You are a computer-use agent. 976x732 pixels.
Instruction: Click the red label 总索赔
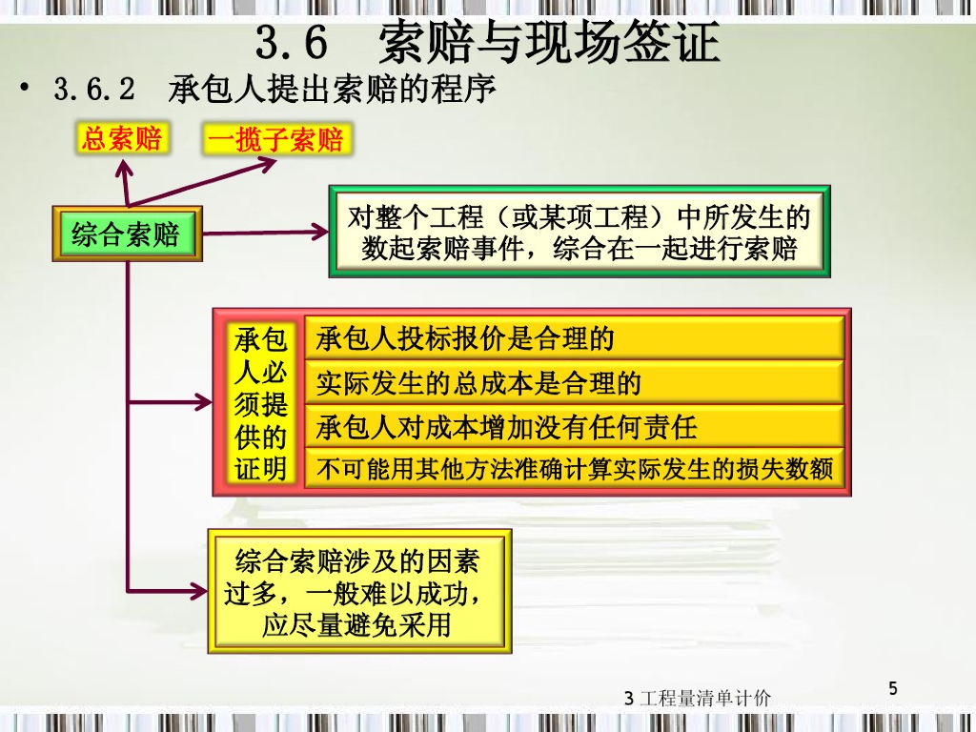coord(121,139)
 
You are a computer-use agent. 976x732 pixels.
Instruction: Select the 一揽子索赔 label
coord(275,141)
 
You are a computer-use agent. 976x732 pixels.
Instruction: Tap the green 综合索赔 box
coord(126,234)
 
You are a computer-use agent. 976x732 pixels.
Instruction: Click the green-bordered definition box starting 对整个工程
coord(579,232)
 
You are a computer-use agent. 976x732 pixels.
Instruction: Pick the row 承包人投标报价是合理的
coord(574,338)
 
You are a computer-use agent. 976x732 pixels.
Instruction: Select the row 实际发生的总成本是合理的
coord(574,383)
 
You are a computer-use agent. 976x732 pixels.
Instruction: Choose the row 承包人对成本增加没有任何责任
coord(574,427)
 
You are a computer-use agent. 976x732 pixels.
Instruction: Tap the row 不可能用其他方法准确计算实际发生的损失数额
coord(574,469)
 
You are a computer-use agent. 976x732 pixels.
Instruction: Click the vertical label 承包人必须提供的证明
coord(260,404)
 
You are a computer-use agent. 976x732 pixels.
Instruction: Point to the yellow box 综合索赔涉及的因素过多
coord(359,592)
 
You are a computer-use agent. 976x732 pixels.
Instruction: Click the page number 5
coord(893,688)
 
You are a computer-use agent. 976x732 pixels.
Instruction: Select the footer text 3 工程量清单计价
coord(698,698)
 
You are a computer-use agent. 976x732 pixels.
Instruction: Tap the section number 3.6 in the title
coord(292,43)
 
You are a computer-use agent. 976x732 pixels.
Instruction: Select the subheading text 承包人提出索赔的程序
coord(333,91)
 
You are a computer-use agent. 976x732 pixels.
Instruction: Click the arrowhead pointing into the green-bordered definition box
coord(320,231)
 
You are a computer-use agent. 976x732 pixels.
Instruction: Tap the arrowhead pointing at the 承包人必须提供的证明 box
coord(205,402)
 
